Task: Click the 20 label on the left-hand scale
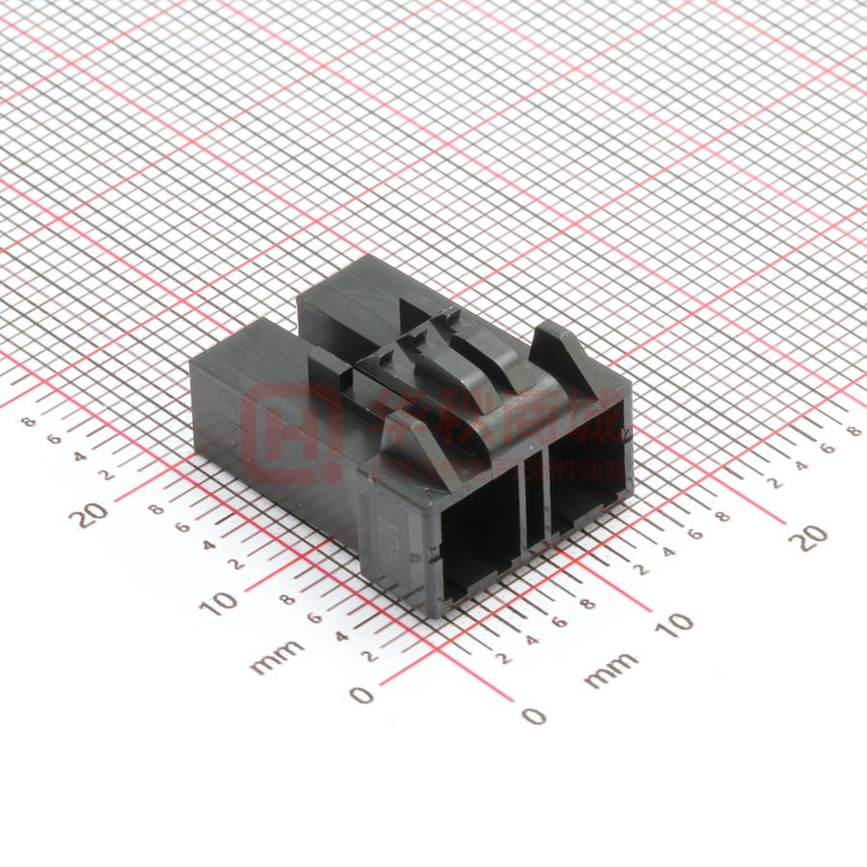click(x=93, y=514)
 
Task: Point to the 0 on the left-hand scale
click(x=360, y=694)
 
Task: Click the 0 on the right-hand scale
click(x=532, y=715)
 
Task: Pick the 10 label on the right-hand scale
click(x=678, y=623)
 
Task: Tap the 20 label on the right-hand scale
click(x=810, y=538)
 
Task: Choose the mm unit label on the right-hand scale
click(x=611, y=670)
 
